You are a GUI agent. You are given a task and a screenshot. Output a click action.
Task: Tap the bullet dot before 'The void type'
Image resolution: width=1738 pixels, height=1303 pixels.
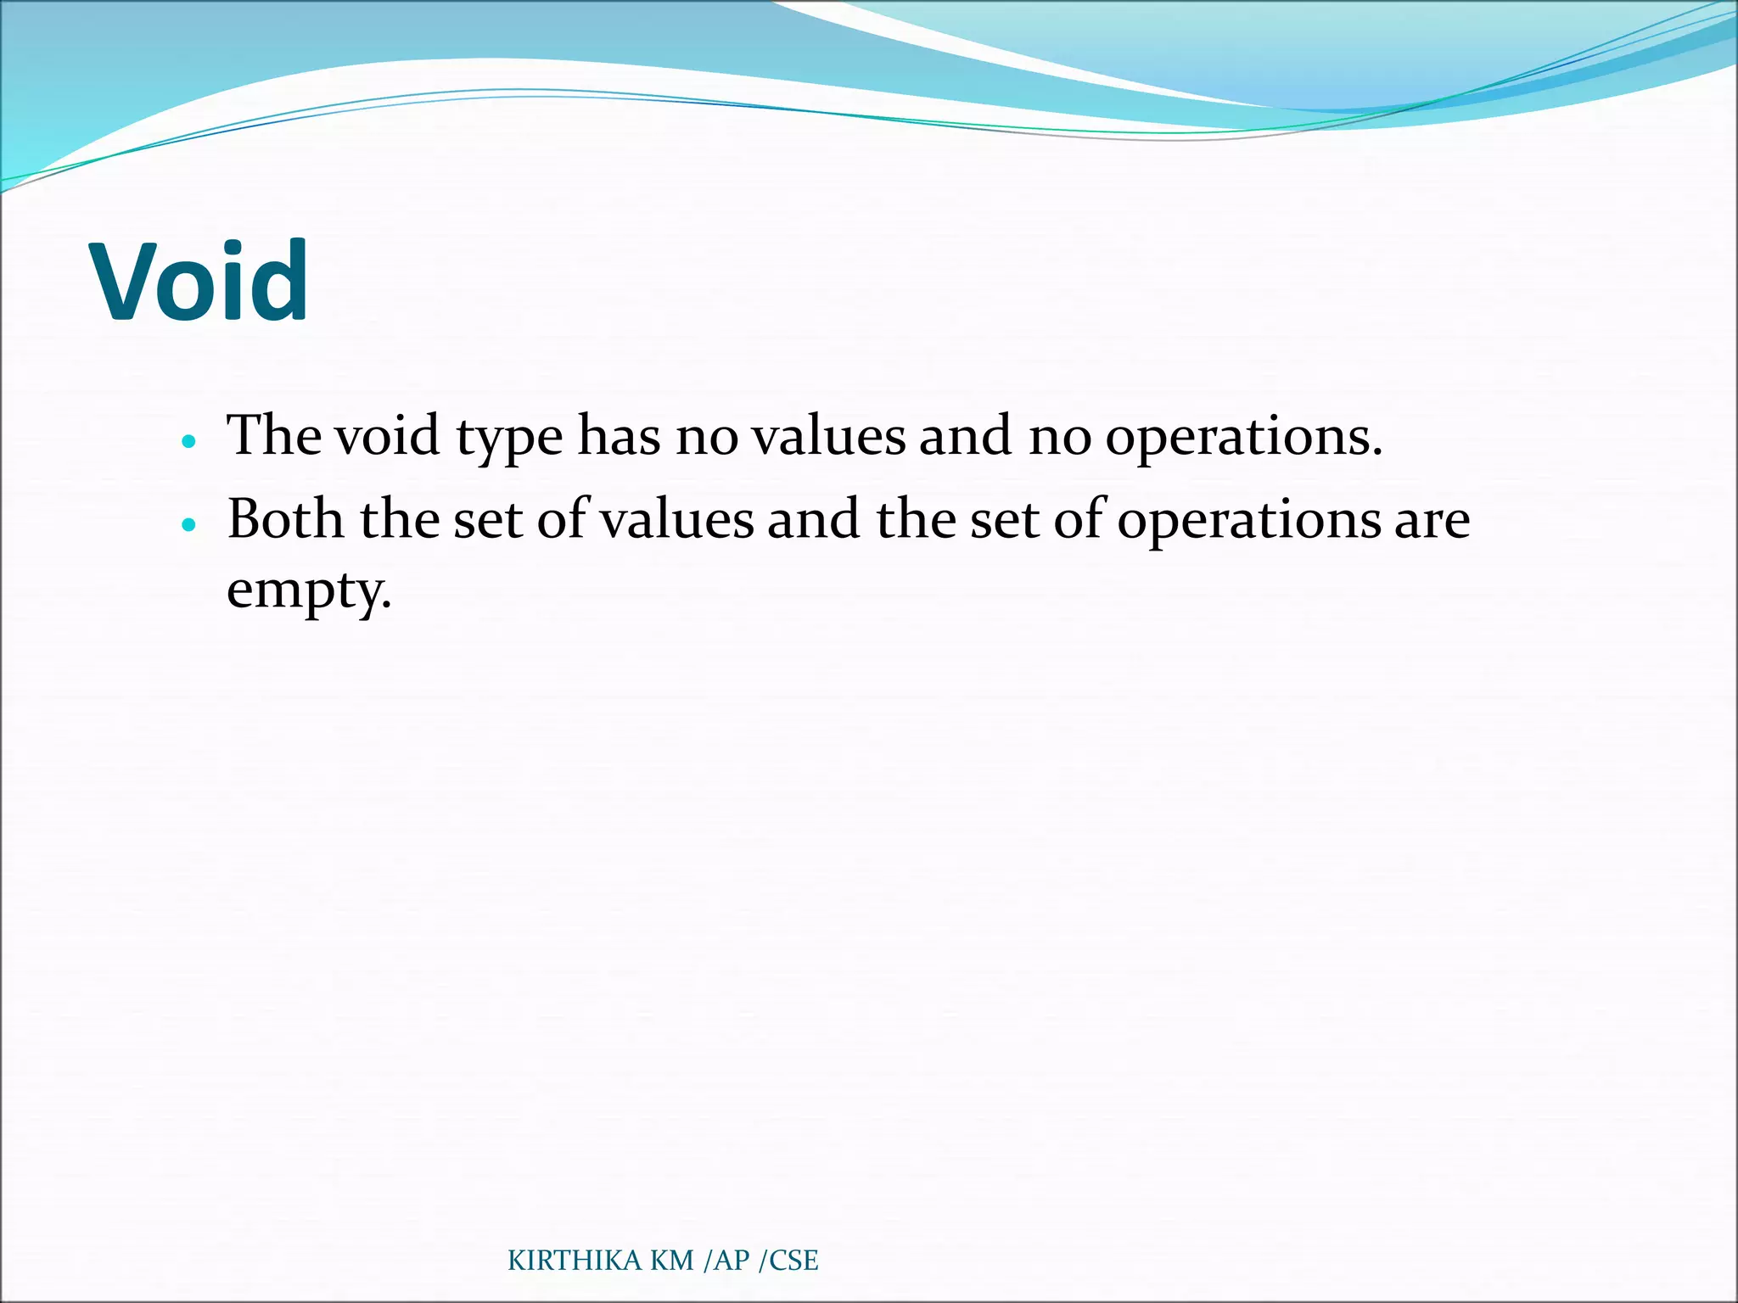[x=188, y=442]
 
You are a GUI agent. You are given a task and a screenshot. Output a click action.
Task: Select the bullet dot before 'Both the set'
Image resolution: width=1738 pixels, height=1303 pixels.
[x=188, y=525]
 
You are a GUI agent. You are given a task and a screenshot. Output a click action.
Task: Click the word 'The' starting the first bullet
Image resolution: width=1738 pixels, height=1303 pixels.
[x=273, y=435]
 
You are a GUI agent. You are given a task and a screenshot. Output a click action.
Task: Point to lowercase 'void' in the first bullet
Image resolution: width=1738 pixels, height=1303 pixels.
[x=386, y=435]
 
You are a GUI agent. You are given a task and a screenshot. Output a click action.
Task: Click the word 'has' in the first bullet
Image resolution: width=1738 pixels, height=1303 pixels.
[x=619, y=435]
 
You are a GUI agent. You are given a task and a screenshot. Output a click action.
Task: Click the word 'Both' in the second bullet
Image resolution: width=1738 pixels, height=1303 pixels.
[x=285, y=518]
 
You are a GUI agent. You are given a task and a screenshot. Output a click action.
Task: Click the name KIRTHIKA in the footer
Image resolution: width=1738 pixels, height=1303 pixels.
[x=575, y=1261]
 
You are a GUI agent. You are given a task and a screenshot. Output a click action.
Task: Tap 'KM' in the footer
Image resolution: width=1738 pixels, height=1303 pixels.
[x=672, y=1261]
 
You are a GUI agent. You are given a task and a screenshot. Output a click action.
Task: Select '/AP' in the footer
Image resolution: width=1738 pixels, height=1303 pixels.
[x=727, y=1261]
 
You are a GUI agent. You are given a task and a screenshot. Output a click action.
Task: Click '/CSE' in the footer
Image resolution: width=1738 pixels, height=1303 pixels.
[x=788, y=1261]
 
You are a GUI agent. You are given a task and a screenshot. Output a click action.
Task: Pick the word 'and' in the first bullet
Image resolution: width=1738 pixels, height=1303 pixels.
[x=965, y=435]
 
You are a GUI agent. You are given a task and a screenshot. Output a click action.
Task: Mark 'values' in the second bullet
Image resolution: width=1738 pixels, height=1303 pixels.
[x=677, y=518]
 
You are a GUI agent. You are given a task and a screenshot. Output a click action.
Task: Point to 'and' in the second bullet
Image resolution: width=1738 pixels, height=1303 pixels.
[x=814, y=518]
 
